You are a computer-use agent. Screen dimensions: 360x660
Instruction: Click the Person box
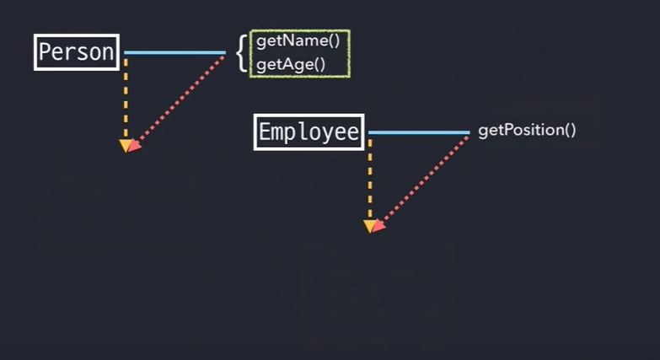click(77, 52)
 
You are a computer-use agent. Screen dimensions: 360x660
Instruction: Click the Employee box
click(309, 132)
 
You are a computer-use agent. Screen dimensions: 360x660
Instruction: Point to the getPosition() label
click(527, 131)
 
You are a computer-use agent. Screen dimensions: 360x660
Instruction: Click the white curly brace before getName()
click(241, 52)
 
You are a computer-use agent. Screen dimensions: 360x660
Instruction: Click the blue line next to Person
click(174, 53)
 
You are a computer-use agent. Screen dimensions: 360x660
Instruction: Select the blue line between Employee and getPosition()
click(418, 132)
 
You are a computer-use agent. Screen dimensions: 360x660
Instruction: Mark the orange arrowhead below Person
click(126, 147)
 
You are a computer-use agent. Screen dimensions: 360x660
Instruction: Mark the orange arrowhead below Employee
click(369, 226)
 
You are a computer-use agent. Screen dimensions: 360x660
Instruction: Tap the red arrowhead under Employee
click(378, 225)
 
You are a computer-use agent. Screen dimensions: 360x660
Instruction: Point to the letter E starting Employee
click(265, 132)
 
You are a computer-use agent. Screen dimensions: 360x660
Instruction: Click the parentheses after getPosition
click(570, 131)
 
